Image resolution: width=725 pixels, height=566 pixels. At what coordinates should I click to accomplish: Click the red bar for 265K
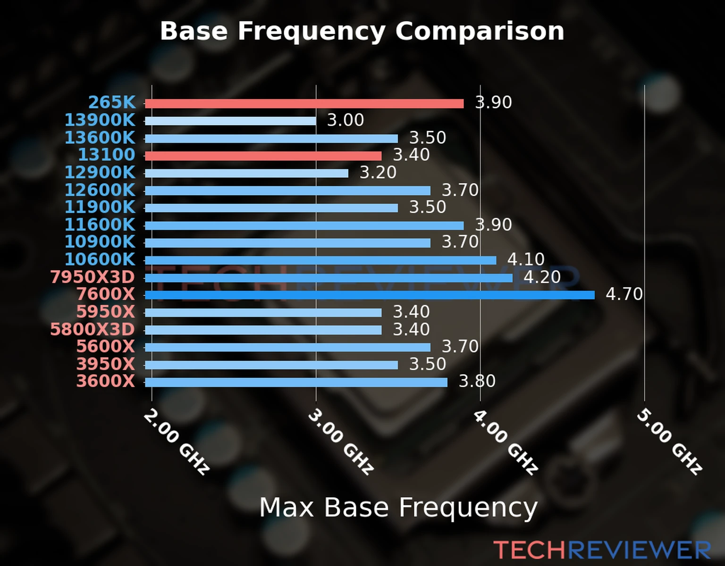[x=304, y=104]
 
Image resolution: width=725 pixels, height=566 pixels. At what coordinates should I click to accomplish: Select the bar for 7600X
[x=369, y=295]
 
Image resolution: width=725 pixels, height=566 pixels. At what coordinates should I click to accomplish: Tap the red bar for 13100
[x=263, y=156]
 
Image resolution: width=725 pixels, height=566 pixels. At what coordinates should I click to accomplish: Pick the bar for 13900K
[x=230, y=121]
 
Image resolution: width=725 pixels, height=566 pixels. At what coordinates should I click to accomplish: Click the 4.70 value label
[x=624, y=294]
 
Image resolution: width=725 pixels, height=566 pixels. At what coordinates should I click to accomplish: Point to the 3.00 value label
[x=346, y=120]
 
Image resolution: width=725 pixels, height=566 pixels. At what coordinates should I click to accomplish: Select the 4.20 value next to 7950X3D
[x=542, y=277]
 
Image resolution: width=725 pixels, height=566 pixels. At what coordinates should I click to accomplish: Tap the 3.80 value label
[x=477, y=381]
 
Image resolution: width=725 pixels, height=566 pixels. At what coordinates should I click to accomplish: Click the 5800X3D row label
[x=93, y=329]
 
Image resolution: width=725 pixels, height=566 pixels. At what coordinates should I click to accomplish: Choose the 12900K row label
[x=100, y=173]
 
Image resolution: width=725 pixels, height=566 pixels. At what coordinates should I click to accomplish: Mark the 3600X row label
[x=106, y=381]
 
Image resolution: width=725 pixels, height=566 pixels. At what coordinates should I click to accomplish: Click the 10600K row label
[x=100, y=259]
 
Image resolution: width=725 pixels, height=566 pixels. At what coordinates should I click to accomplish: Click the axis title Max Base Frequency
[x=398, y=508]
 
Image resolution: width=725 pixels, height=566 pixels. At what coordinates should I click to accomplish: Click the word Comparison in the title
[x=480, y=31]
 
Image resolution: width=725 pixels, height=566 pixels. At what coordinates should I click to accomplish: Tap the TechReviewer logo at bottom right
[x=602, y=550]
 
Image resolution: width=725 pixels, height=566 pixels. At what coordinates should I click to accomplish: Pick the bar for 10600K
[x=320, y=260]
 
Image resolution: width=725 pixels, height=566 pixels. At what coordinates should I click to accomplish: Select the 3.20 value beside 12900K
[x=378, y=173]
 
